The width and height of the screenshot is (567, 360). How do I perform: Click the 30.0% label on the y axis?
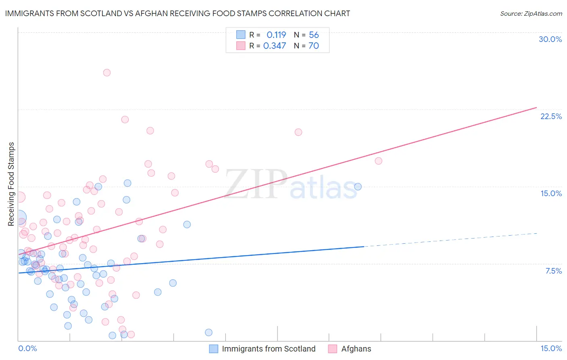(550, 39)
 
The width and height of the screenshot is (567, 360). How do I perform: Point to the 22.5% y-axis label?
(551, 116)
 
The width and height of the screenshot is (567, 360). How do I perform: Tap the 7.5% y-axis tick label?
(553, 271)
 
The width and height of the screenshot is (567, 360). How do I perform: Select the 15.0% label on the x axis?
(551, 348)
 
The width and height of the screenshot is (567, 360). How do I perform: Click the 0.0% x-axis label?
(27, 348)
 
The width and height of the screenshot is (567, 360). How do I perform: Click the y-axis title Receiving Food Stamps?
(11, 184)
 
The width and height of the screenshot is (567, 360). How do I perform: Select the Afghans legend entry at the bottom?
(356, 349)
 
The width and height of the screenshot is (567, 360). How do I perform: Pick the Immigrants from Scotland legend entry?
(269, 349)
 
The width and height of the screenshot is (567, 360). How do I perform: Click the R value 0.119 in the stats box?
(276, 35)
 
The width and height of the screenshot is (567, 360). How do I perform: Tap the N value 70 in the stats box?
(313, 46)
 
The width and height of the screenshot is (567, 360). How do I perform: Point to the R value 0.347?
(275, 46)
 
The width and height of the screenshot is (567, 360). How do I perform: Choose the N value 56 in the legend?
(314, 35)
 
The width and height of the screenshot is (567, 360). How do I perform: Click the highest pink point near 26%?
(107, 73)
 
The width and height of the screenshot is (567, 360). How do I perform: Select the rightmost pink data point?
(378, 161)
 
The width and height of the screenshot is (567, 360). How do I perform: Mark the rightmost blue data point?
(358, 186)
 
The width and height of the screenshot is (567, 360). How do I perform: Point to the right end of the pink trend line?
(537, 107)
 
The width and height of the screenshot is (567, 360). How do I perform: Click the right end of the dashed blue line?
(537, 233)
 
